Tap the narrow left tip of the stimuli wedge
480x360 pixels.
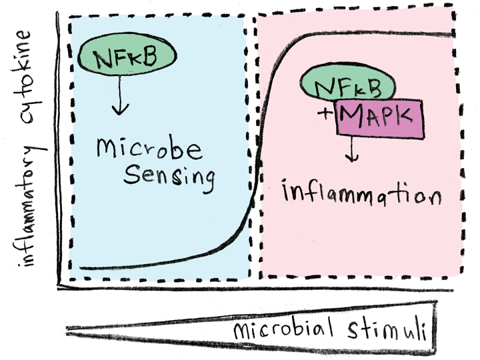pos(70,328)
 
